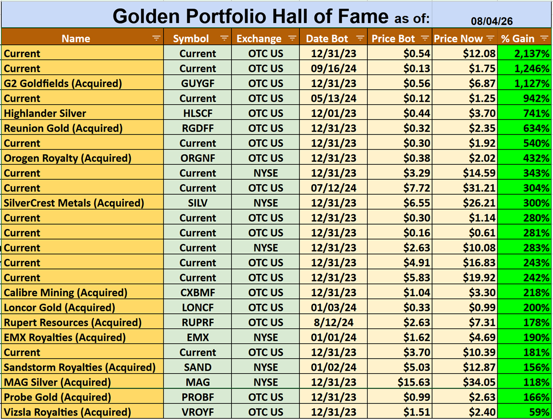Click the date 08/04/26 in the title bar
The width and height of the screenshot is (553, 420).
tap(492, 21)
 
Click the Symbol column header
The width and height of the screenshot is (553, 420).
tap(191, 38)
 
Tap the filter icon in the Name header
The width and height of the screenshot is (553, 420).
tap(156, 38)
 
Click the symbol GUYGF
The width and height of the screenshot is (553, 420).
tap(197, 83)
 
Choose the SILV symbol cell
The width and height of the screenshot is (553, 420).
tap(197, 203)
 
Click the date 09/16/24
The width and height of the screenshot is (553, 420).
tap(333, 68)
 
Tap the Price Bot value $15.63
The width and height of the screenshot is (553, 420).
tap(414, 382)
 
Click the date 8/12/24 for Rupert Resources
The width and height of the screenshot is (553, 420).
tap(333, 323)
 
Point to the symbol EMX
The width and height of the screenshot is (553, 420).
tap(197, 338)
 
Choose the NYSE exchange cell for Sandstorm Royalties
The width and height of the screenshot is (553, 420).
tap(266, 367)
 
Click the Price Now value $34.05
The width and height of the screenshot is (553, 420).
tap(479, 382)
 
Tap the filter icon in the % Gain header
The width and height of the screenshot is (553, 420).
tap(544, 38)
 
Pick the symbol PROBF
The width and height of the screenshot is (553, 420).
tap(197, 398)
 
